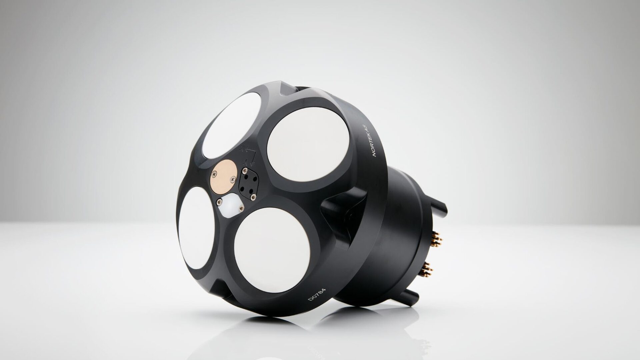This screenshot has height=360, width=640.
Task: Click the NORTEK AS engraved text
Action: (x=371, y=142)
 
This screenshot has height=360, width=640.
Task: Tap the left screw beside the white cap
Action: (x=220, y=202)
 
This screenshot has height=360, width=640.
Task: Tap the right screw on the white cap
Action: (x=241, y=209)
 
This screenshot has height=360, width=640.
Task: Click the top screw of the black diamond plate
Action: (x=245, y=171)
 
